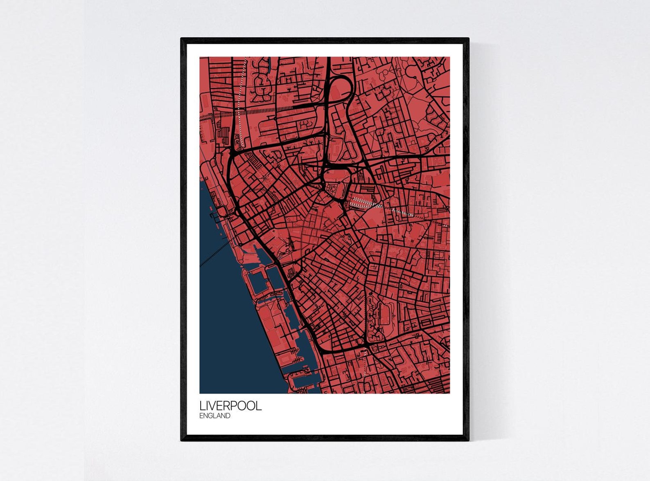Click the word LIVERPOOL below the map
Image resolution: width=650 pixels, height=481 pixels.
(x=230, y=406)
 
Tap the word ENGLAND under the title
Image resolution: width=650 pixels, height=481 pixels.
(x=215, y=416)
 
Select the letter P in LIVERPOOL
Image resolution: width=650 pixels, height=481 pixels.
(x=236, y=406)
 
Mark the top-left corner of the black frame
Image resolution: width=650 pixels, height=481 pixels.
(x=182, y=39)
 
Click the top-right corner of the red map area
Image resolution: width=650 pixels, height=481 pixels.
(x=449, y=58)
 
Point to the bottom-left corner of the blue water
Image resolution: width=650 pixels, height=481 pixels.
(x=201, y=392)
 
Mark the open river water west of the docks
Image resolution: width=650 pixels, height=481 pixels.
(x=229, y=327)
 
